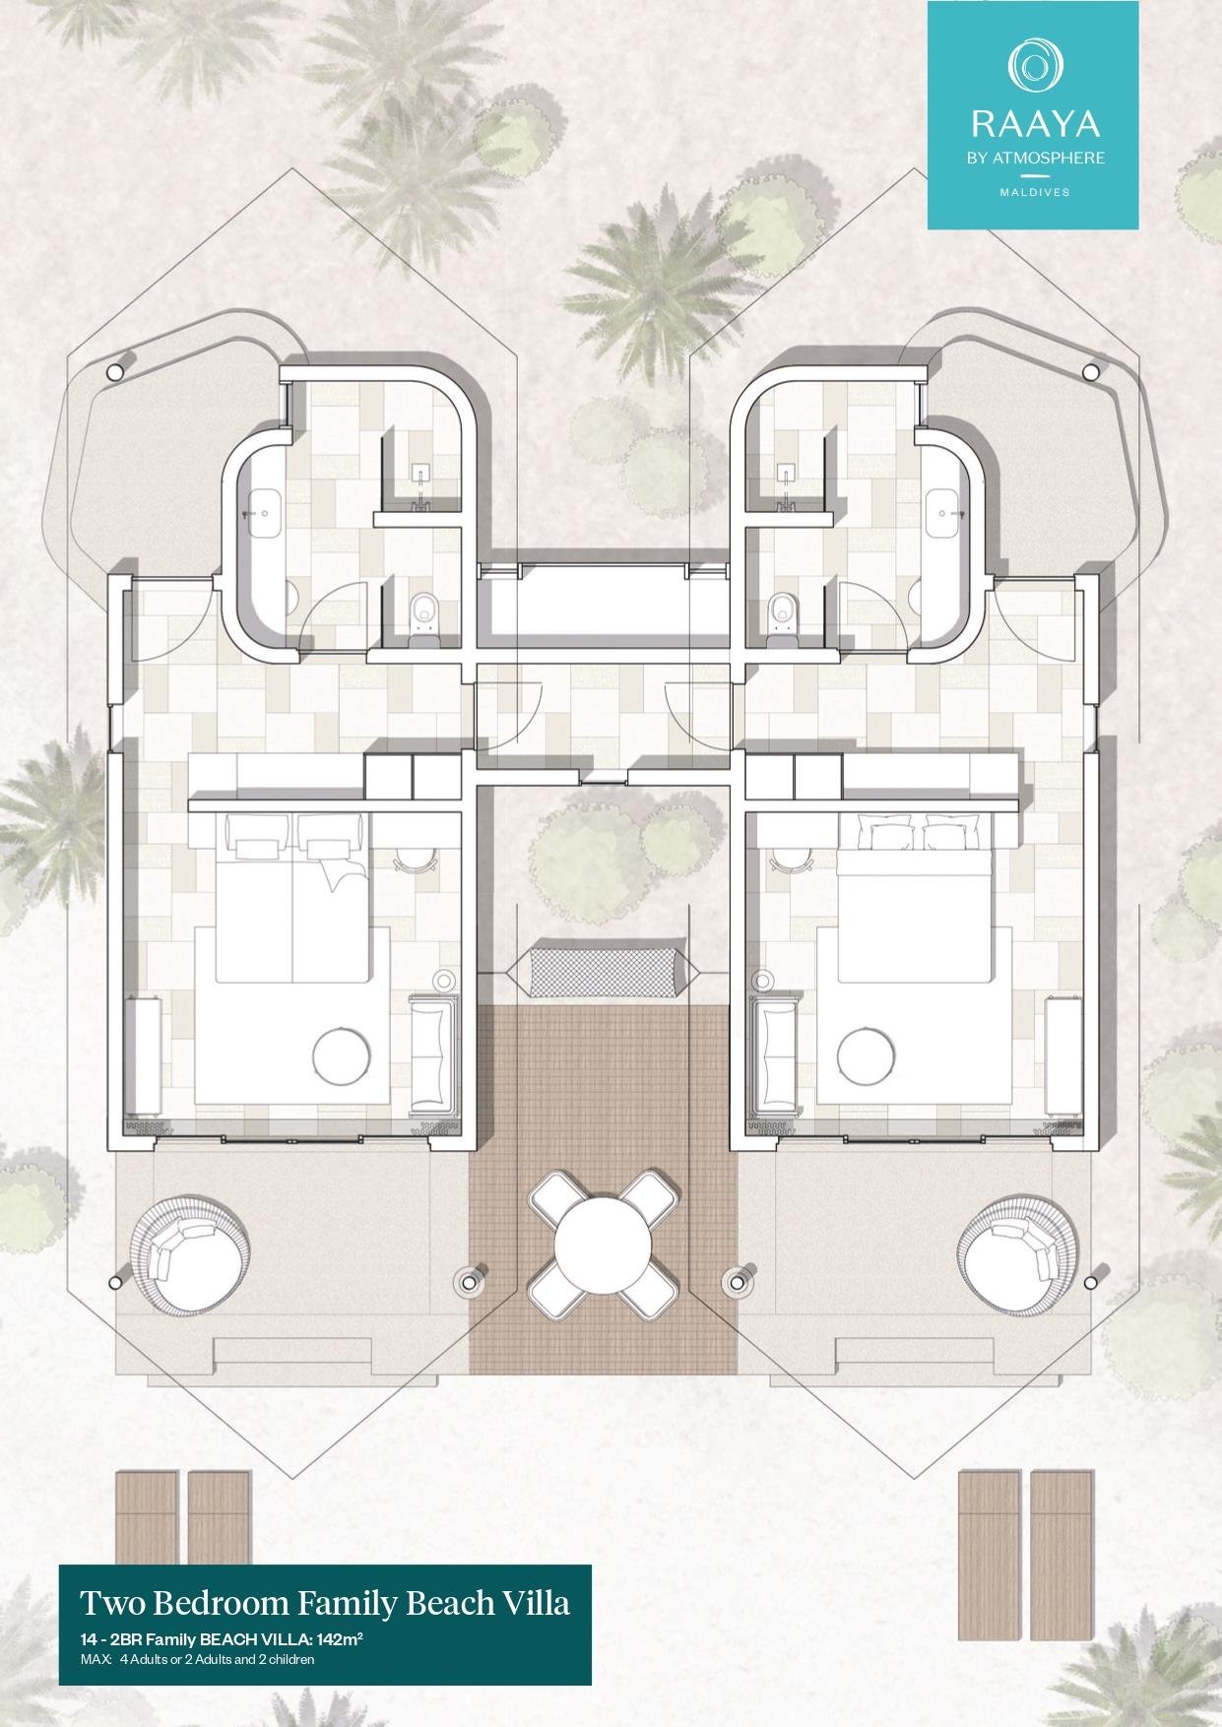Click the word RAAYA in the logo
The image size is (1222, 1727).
point(1034,123)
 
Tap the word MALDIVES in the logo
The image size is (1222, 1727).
point(1034,192)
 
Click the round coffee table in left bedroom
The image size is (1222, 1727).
point(342,1056)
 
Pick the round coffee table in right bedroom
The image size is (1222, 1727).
point(866,1056)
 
